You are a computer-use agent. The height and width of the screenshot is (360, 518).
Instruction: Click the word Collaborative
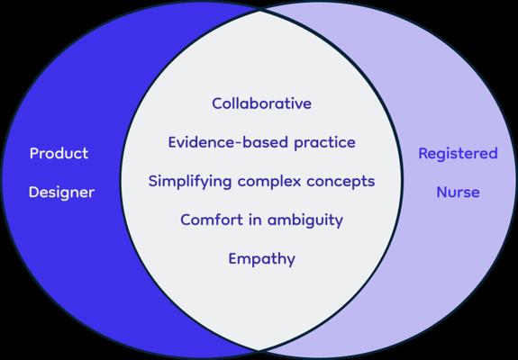tap(261, 103)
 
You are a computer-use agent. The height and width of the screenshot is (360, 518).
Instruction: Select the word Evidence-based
tap(228, 142)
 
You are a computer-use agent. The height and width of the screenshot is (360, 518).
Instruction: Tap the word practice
tap(324, 143)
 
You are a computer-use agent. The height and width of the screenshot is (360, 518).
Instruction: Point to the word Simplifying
tap(190, 182)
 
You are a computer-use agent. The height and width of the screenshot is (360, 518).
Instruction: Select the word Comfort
tap(212, 220)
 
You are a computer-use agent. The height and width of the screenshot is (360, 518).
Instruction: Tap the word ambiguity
tap(304, 220)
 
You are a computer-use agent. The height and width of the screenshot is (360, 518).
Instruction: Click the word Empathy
tap(261, 259)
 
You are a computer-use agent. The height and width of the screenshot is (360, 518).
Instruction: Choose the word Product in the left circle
tap(59, 153)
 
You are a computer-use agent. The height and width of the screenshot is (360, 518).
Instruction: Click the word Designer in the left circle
tap(62, 193)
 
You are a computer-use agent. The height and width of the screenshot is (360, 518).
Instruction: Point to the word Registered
tap(458, 154)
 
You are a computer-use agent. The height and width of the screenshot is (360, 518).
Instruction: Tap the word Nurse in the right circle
tap(458, 192)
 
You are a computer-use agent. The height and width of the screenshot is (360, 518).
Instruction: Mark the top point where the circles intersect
tap(259, 11)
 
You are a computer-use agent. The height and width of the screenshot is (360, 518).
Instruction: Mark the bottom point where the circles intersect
tap(259, 350)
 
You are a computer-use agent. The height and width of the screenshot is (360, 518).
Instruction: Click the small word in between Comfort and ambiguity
tap(255, 220)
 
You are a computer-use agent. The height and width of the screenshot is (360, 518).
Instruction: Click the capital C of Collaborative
tap(218, 103)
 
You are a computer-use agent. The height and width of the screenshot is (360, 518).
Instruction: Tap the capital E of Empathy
tap(233, 258)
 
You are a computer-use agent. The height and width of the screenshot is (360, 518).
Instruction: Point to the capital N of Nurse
tap(442, 193)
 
